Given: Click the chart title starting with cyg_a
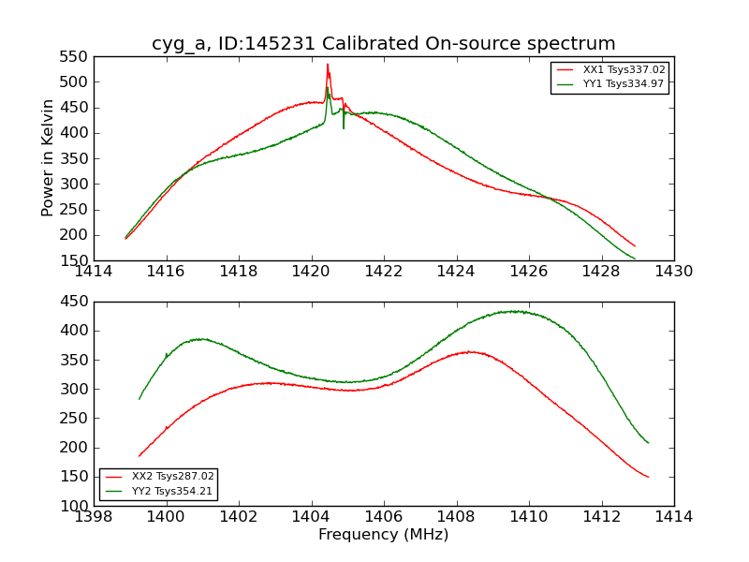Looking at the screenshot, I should (384, 44).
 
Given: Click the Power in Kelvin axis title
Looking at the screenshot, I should (49, 158).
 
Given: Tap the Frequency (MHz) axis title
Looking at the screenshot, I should (384, 535).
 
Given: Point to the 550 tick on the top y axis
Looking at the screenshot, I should (75, 56).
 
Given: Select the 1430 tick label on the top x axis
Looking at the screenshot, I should (673, 272).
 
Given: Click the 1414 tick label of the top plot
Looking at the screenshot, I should (95, 272).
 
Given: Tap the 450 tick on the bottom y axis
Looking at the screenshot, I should (75, 302).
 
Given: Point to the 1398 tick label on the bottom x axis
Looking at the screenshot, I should (95, 517).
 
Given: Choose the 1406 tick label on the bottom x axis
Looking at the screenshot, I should (384, 517).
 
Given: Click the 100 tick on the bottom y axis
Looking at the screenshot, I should (75, 506).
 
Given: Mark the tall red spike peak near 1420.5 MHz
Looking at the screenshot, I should (328, 65).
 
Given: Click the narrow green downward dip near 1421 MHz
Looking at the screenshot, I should (344, 126).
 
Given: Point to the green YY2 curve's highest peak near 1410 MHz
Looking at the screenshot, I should (516, 311).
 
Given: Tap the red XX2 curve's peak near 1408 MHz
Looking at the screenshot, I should (471, 352).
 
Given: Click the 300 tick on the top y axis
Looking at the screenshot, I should (75, 184).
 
